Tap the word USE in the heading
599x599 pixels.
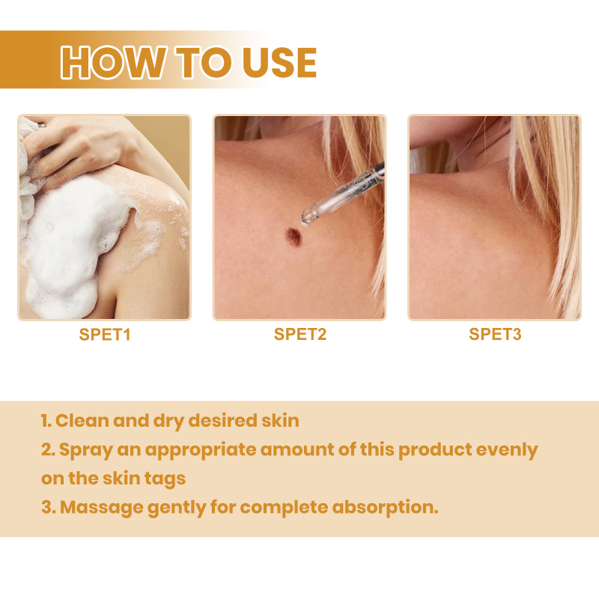tap(279, 63)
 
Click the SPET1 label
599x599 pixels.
tap(105, 334)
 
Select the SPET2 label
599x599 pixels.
tap(300, 334)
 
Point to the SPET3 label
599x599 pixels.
tap(495, 334)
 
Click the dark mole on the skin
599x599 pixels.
tap(294, 237)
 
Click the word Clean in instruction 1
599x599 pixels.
tap(82, 421)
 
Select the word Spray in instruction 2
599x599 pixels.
tap(86, 450)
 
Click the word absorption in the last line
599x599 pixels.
tap(385, 508)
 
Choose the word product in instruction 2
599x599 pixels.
tap(435, 450)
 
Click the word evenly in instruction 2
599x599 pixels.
tap(507, 450)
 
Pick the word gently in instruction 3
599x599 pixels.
tap(177, 508)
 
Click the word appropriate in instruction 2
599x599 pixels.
tap(201, 450)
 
